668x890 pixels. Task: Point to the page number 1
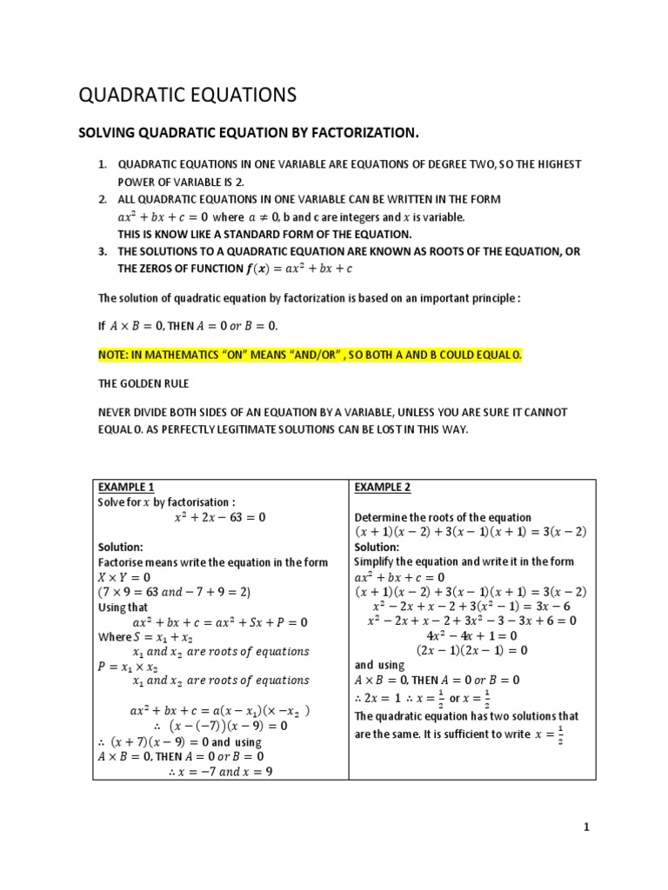[x=586, y=827]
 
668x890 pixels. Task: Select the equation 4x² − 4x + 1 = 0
[x=471, y=635]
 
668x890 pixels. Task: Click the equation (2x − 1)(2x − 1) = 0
[x=471, y=650]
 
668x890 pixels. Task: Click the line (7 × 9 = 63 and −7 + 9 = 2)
[x=174, y=592]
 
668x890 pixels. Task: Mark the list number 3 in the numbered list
[x=102, y=251]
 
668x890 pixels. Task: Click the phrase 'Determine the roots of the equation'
[x=443, y=517]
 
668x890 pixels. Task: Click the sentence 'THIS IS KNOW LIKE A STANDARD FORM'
[x=264, y=234]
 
